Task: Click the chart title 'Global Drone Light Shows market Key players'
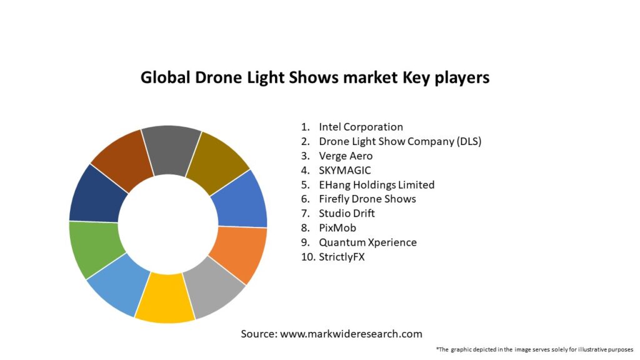pos(315,77)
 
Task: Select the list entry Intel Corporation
pos(361,127)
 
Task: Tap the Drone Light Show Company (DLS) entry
pos(400,141)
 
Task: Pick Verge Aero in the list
pos(346,156)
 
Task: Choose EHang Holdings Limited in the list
pos(376,184)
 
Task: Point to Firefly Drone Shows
pos(367,199)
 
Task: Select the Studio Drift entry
pos(347,213)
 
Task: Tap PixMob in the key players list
pos(337,227)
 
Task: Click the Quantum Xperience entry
pos(367,242)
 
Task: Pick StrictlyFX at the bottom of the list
pos(341,256)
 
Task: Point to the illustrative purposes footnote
pos(534,349)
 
